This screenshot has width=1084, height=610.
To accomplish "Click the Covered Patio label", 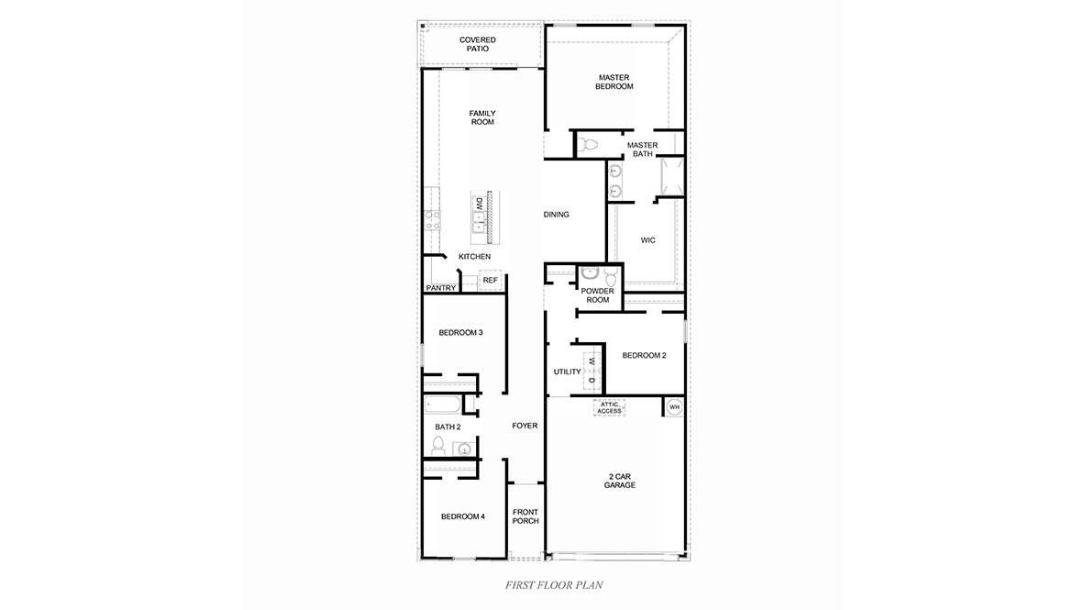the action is click(478, 44).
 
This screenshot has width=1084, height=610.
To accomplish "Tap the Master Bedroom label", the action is click(614, 83).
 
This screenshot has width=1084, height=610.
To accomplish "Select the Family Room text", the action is click(482, 117).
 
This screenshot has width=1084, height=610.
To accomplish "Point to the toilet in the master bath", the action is click(589, 145).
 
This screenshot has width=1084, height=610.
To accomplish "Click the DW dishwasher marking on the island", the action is click(478, 204).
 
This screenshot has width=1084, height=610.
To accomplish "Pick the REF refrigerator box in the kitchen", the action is click(490, 280).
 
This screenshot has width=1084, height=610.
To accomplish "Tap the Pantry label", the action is click(441, 288).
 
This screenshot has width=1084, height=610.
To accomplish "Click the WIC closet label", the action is click(647, 240).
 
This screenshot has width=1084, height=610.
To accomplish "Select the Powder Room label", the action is click(598, 295).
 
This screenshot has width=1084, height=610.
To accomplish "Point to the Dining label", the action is click(557, 215).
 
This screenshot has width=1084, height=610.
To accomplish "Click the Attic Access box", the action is click(609, 408).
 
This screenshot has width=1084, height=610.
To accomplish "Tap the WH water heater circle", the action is click(675, 407).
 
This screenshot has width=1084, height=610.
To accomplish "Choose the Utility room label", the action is click(568, 372).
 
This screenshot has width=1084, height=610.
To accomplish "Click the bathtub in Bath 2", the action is click(442, 404).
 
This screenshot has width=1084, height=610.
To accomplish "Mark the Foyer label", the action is click(525, 426).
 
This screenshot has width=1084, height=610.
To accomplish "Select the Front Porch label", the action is click(525, 516).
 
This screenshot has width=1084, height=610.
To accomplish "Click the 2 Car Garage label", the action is click(619, 481).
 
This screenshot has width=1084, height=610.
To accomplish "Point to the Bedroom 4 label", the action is click(463, 516).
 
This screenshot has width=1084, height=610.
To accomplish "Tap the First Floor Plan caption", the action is click(554, 585).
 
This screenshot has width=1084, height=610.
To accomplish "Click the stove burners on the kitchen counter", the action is click(433, 221).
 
